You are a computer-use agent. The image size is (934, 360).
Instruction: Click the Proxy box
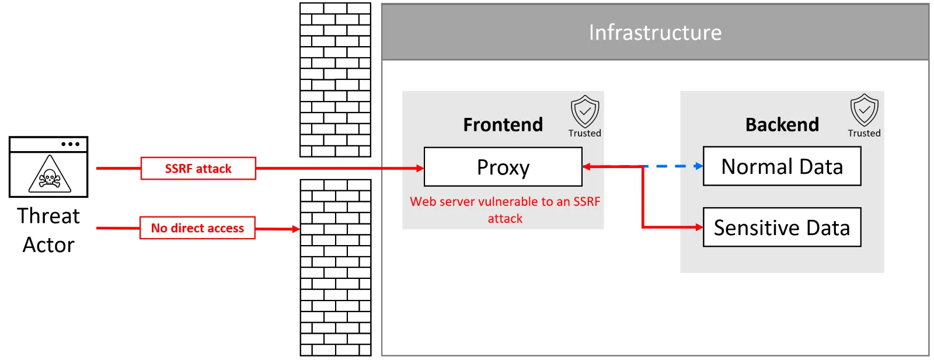pos(503,167)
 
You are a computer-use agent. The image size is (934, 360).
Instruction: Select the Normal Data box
pos(782,166)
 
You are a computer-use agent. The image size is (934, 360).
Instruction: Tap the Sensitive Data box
pos(782,227)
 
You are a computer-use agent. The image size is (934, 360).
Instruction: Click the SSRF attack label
pos(198,169)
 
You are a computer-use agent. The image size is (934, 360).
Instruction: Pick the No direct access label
pos(197,228)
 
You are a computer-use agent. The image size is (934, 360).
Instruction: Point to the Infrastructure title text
pos(655,33)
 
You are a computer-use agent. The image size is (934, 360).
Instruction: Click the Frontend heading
pos(503,124)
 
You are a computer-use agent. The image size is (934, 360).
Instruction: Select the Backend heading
pos(782,124)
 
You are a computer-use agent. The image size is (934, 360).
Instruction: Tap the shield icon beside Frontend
pos(584,111)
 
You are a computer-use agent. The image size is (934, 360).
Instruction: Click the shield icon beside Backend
pos(864,110)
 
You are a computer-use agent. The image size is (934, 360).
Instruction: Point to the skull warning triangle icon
pos(50,175)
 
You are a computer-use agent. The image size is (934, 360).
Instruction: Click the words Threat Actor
pos(48,230)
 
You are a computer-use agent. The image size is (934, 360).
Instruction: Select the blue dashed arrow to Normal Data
pos(674,166)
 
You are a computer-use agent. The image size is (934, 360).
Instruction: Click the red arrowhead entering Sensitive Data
pos(699,227)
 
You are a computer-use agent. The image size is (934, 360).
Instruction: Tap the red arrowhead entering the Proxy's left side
pos(420,168)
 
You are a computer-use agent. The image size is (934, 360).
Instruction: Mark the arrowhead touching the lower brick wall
pos(295,229)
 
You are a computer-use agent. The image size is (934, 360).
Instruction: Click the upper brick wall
pos(335,80)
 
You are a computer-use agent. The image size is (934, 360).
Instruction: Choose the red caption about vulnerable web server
pos(505,209)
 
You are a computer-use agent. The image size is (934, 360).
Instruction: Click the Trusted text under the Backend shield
pos(864,133)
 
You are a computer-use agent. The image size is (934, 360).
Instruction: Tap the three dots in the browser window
pos(70,144)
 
